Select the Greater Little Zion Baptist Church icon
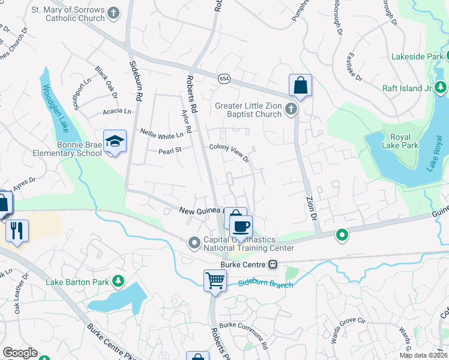coord(291,109)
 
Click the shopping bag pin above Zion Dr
coord(300,85)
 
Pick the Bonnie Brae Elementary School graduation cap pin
coord(115,142)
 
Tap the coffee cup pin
coord(241,227)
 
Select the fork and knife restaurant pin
coord(16,230)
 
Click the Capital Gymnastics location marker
coord(194,243)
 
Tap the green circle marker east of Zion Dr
coord(342,235)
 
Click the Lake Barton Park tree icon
coord(119,281)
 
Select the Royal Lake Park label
coord(392,140)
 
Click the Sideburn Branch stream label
coord(265,283)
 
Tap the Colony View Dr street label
coord(229,153)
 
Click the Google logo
coord(20,353)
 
